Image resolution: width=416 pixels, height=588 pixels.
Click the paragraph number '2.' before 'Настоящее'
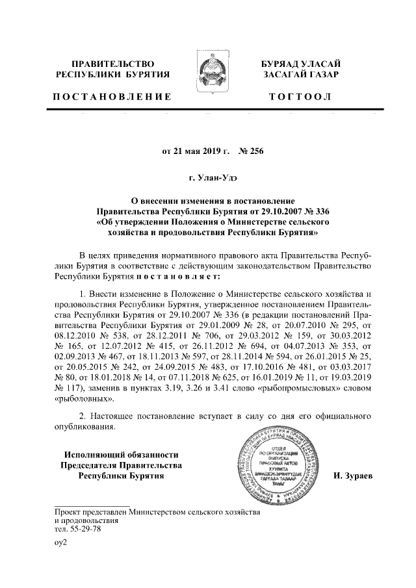(81, 416)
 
